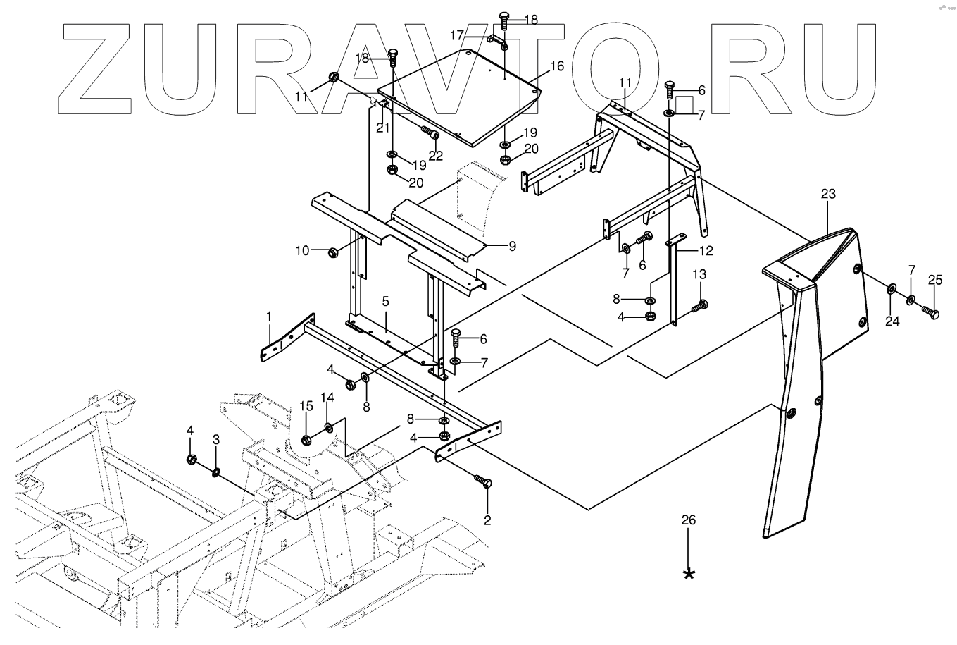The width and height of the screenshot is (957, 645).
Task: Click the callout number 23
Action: point(827,194)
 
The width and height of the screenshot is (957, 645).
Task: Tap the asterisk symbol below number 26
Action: point(689,574)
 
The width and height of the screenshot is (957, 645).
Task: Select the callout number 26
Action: point(689,521)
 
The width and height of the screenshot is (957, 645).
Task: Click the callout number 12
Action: point(706,250)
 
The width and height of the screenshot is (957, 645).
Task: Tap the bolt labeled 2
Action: point(484,485)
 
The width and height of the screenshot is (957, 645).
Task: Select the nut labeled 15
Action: point(306,440)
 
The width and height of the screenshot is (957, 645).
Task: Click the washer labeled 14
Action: point(329,427)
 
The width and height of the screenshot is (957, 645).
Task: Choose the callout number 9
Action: point(512,247)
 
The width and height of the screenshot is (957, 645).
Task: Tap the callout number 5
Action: point(385,302)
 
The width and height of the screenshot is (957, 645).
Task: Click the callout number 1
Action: point(268,319)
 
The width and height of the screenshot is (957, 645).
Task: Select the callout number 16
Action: point(556,66)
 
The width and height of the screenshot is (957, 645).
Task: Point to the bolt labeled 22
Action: point(430,133)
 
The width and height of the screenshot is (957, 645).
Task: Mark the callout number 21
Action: point(382,127)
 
